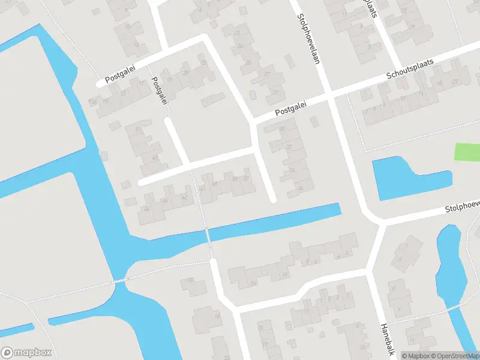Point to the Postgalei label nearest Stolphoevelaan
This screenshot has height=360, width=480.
coord(291,109)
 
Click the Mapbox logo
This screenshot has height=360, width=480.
coord(26,353)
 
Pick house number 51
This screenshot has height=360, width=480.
coord(139,130)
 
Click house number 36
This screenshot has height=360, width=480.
coord(299,188)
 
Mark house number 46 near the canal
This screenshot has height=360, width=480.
coord(146,209)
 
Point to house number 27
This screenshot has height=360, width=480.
coord(266,74)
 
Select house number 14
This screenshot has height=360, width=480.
coord(254,283)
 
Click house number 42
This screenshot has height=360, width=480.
coord(184,197)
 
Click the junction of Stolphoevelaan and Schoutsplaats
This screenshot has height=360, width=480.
coord(329,96)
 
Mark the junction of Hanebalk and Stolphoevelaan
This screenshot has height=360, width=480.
coord(377,221)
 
